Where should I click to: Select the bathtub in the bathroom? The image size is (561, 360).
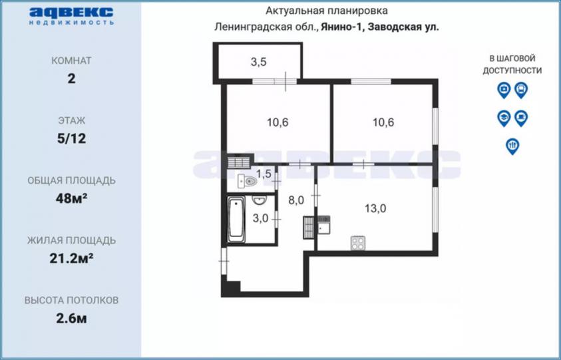click(x=236, y=219)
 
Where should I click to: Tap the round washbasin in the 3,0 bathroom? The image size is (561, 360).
click(x=258, y=200)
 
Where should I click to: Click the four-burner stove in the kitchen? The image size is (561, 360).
click(x=358, y=244)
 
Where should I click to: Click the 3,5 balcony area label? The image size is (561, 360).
click(x=258, y=62)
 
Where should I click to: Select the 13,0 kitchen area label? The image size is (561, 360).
click(x=375, y=208)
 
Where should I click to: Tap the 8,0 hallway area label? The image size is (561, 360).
click(x=296, y=200)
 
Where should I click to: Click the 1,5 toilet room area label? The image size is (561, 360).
click(x=264, y=174)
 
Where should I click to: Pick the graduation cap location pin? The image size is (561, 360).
click(x=504, y=118)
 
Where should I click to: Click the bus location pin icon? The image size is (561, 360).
click(x=521, y=90)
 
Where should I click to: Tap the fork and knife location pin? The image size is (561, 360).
click(x=512, y=146)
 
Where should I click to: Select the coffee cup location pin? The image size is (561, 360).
click(x=521, y=118)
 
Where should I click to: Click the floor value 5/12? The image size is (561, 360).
click(x=72, y=138)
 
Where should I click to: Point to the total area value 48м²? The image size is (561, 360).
click(x=72, y=198)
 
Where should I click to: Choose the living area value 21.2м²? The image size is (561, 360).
click(x=72, y=258)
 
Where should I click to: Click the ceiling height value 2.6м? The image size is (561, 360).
click(x=72, y=318)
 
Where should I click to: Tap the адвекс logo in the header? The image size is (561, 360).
click(x=71, y=16)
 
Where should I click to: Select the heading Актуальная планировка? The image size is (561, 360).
click(x=326, y=11)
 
